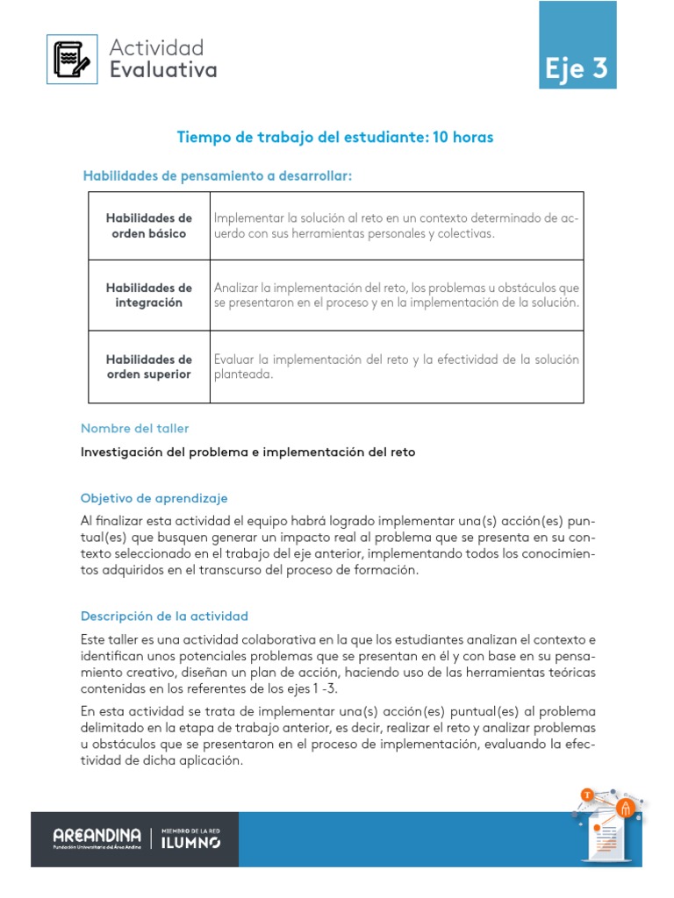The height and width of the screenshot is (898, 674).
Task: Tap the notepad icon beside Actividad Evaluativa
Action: (72, 59)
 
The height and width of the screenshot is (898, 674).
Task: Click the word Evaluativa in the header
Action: (162, 70)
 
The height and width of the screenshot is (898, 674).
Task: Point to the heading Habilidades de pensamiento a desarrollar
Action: (217, 176)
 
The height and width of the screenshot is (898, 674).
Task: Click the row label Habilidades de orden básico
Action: (148, 226)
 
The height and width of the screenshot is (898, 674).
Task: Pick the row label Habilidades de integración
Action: (148, 296)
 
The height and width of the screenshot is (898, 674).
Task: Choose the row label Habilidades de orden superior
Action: (148, 367)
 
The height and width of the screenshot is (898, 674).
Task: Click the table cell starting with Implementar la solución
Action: (396, 226)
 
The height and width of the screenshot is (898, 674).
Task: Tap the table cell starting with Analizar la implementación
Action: (396, 296)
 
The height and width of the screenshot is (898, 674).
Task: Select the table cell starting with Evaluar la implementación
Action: (396, 367)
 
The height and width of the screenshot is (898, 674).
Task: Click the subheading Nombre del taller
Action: (134, 428)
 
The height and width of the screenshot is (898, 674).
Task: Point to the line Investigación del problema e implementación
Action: (247, 453)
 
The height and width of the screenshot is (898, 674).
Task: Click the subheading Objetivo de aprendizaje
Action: (154, 497)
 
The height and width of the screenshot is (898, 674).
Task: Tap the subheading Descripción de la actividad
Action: (164, 616)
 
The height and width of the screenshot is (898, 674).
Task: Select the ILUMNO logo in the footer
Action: (190, 839)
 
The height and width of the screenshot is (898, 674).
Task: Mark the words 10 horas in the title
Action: (462, 137)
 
